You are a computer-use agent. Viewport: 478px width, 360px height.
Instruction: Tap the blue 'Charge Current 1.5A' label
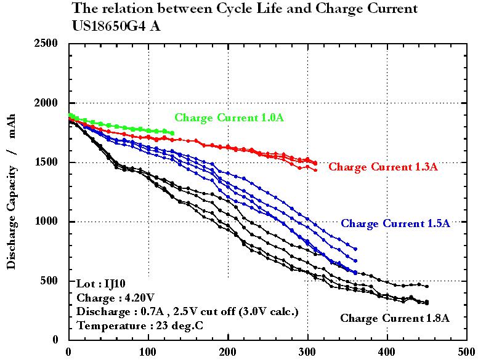click(x=395, y=223)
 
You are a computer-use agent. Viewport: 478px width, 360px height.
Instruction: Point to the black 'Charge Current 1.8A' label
click(x=395, y=318)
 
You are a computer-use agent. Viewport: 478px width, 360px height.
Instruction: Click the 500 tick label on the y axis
click(x=51, y=281)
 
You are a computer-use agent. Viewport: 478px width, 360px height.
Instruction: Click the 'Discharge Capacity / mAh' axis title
click(x=12, y=191)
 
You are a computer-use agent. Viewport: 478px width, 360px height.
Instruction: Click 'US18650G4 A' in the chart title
click(x=118, y=26)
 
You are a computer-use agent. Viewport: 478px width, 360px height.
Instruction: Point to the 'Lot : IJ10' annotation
click(x=97, y=284)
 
